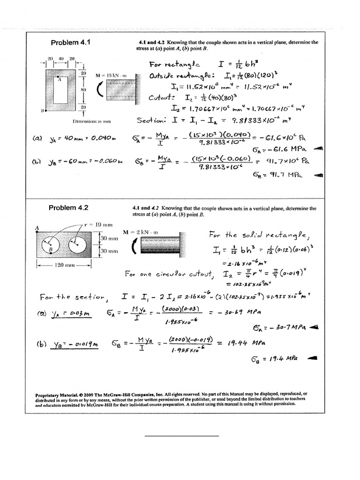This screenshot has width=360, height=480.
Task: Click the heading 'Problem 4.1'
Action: [x=70, y=43]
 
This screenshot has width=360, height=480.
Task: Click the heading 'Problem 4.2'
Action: [x=70, y=208]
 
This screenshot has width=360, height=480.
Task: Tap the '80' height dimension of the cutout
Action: [x=84, y=89]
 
